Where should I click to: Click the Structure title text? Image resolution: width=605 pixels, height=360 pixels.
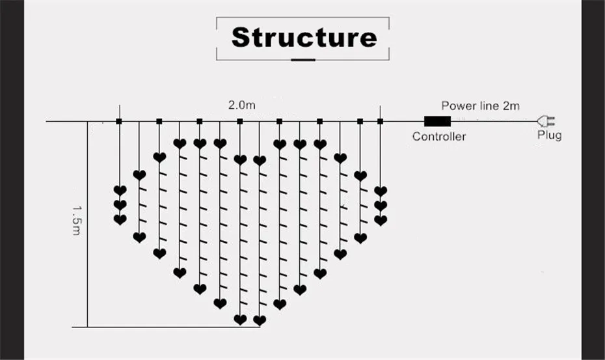304,38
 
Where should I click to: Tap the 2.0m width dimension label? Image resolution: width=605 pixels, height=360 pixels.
241,105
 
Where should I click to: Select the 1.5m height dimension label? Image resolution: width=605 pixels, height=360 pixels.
77,220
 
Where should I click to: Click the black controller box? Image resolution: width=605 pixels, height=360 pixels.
438,121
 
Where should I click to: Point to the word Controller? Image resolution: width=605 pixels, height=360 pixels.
439,136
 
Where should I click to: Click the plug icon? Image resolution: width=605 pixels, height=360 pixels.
546,121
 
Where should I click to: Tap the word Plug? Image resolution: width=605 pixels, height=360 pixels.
550,135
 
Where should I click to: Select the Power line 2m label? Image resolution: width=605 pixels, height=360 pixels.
480,106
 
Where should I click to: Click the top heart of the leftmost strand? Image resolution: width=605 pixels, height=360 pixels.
120,191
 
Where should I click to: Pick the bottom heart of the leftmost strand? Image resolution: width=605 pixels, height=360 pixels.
120,220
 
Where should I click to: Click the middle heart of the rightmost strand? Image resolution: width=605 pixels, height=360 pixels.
381,206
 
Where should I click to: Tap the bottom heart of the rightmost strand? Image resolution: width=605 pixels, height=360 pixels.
381,221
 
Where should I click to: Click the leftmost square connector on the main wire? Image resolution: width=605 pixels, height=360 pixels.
119,121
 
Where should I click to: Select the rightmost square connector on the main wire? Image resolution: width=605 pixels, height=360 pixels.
380,121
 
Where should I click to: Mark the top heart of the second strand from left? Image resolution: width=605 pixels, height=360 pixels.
139,175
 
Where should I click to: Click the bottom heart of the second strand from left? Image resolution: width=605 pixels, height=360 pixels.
139,237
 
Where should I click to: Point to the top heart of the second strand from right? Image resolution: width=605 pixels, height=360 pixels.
360,176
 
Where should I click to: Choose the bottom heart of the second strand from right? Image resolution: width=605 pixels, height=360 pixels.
360,238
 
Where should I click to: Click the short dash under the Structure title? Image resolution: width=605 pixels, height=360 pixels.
303,60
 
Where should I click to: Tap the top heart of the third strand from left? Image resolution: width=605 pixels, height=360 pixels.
159,157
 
